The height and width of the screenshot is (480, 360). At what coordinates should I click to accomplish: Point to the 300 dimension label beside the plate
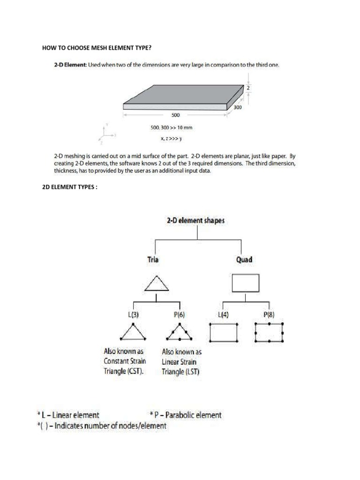(x=237, y=107)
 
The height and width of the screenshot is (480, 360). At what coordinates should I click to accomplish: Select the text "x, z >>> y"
(x=172, y=138)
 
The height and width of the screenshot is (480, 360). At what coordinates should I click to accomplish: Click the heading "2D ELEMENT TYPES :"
(x=70, y=187)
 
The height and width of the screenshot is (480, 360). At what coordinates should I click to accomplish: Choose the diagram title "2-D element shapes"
(x=195, y=221)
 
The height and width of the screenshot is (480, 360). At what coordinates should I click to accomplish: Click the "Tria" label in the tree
(x=153, y=259)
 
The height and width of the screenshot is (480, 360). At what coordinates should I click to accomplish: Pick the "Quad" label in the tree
(x=244, y=259)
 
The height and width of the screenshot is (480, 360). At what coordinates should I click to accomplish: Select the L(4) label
(x=224, y=315)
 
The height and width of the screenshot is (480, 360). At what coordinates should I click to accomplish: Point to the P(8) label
(x=269, y=315)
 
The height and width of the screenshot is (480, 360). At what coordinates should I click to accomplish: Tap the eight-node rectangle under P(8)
(x=269, y=332)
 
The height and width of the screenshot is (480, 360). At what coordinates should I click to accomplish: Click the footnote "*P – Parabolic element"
(x=186, y=415)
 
